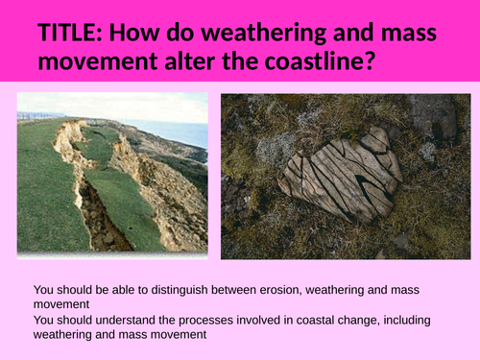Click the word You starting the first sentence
click(x=44, y=289)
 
